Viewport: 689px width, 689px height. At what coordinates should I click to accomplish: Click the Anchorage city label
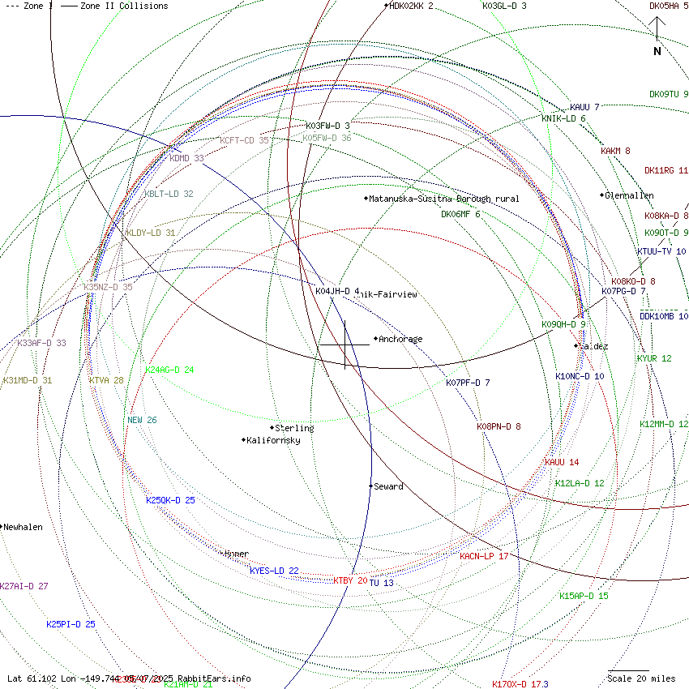[400, 340]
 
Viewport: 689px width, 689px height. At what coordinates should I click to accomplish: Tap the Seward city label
[388, 487]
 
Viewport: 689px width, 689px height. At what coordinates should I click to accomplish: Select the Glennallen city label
[629, 195]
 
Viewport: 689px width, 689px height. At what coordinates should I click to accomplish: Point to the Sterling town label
[294, 428]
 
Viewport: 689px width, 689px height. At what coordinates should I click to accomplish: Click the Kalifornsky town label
[273, 440]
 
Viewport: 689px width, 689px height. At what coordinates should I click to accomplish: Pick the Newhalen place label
[23, 527]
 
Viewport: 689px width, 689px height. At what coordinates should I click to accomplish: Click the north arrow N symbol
[657, 51]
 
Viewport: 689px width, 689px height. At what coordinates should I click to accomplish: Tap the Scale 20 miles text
[641, 678]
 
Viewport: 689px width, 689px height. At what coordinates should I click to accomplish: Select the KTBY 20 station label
[350, 580]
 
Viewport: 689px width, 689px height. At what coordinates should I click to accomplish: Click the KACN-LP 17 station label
[484, 556]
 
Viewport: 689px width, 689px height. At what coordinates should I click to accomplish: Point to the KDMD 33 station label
[186, 158]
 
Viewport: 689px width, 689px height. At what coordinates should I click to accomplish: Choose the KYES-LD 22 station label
[274, 571]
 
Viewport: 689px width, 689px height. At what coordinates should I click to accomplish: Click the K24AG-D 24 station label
[169, 370]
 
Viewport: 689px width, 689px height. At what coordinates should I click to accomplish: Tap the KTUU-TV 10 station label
[661, 251]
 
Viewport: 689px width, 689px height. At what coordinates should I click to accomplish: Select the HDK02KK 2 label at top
[411, 6]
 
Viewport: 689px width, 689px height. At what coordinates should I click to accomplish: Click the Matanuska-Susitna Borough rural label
[444, 199]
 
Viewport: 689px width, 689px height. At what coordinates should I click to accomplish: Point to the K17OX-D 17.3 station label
[520, 684]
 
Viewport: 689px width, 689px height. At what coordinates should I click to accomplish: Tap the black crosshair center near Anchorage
[345, 345]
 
